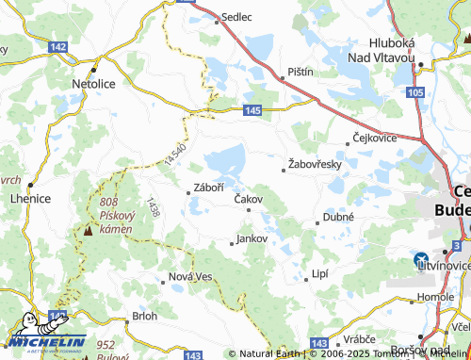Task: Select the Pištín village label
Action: [x=300, y=72]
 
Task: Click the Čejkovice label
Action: [x=374, y=138]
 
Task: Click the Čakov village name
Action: [x=248, y=199]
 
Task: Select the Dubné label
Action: [x=338, y=216]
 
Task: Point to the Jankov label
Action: [x=252, y=238]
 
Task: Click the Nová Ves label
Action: [x=191, y=276]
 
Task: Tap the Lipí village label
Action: [x=321, y=274]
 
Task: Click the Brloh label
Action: [x=144, y=316]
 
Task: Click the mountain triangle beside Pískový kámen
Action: [x=88, y=230]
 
